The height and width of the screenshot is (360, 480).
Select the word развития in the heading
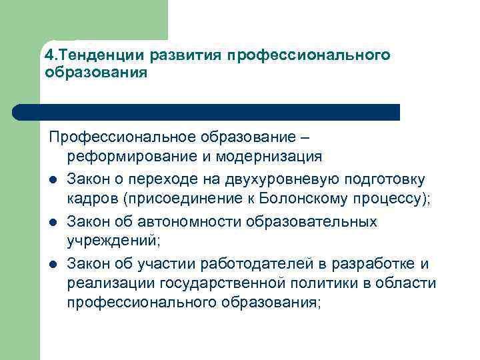point(187,54)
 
